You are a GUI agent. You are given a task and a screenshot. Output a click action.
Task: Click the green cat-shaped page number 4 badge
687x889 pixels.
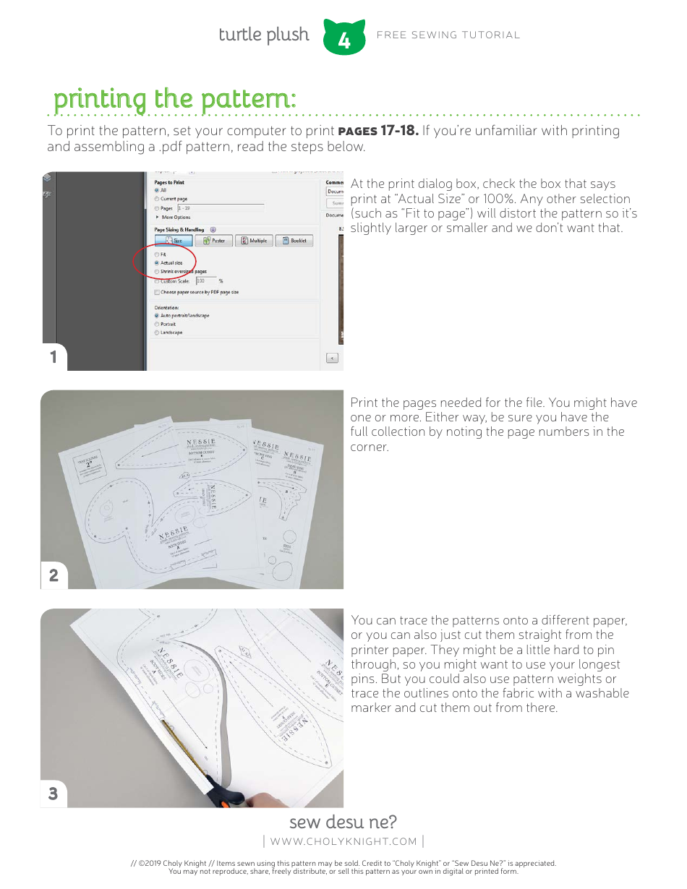(343, 38)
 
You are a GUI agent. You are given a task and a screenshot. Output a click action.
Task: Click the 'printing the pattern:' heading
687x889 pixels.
(174, 98)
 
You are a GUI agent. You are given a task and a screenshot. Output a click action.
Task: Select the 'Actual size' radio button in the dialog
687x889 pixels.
(157, 263)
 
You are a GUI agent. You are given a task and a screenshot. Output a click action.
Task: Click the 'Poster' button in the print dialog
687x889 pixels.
(213, 241)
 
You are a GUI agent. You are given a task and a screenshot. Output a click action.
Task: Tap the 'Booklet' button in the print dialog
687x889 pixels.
(294, 241)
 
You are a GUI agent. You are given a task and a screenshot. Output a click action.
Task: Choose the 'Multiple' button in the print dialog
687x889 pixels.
(254, 241)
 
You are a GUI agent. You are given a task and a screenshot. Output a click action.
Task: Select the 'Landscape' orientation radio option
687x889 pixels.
(157, 332)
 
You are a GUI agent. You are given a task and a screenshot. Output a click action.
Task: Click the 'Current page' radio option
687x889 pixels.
(157, 199)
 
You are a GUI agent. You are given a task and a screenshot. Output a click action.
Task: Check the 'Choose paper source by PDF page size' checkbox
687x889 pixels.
(157, 292)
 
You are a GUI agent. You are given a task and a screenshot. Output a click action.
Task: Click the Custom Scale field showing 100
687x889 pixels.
(205, 280)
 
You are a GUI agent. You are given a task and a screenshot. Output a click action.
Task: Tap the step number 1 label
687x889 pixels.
(53, 357)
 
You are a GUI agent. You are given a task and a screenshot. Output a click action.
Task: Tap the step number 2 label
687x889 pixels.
(54, 575)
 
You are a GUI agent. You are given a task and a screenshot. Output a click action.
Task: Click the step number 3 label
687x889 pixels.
(53, 794)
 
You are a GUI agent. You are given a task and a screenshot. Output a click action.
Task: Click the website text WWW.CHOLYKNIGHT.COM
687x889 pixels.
(343, 841)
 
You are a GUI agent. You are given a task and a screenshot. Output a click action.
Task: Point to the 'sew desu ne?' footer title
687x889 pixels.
(343, 823)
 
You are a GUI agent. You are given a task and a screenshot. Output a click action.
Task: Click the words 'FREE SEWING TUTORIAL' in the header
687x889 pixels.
(448, 35)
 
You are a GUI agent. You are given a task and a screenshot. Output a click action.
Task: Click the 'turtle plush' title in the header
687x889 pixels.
(263, 35)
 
